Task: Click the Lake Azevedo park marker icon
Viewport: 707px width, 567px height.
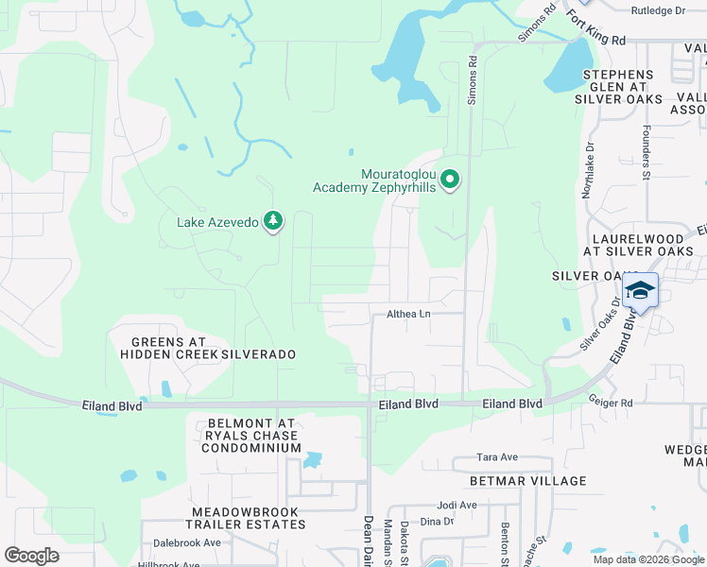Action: click(x=273, y=221)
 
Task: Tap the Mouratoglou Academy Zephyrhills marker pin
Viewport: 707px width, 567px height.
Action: click(x=451, y=179)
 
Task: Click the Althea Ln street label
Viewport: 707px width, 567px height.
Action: click(x=408, y=314)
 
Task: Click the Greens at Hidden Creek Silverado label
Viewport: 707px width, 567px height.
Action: click(x=208, y=347)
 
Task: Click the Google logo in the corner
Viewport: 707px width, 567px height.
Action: click(x=31, y=555)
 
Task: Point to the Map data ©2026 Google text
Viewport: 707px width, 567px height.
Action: click(x=648, y=559)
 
